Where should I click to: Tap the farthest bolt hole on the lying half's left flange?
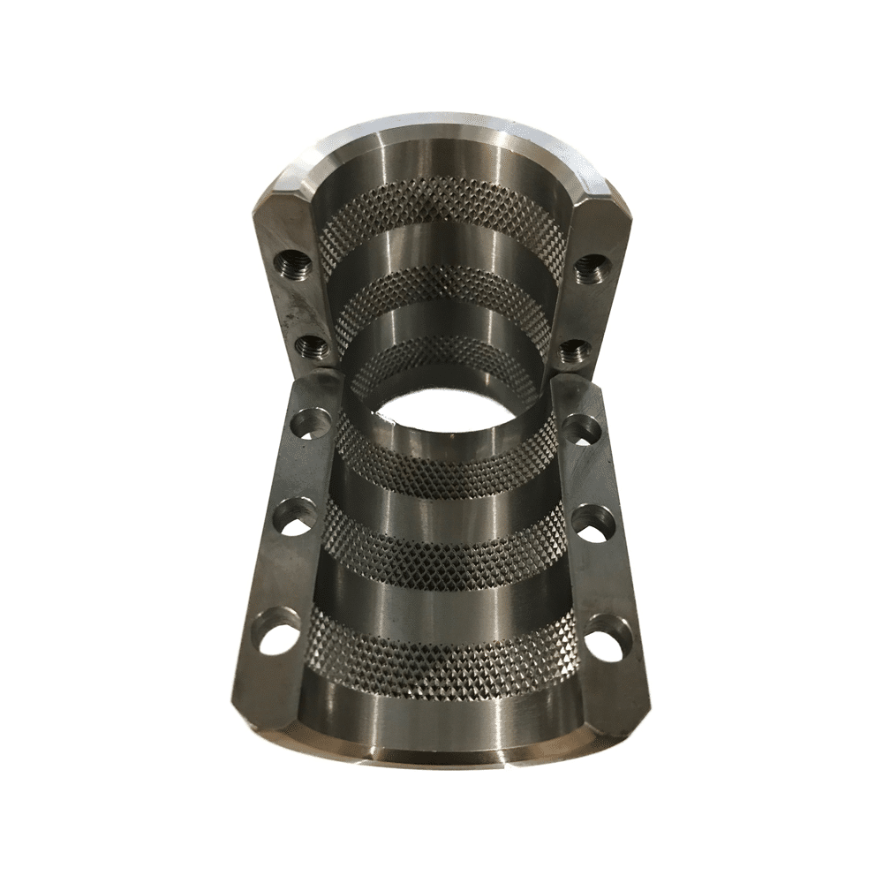310,420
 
